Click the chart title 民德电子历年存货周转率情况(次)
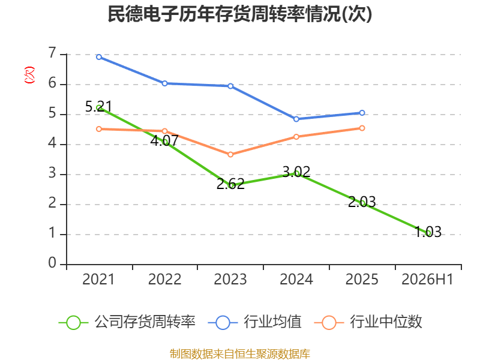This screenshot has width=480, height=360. point(239,14)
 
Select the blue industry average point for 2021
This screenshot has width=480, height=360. point(99,57)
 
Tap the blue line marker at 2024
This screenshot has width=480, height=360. point(296,119)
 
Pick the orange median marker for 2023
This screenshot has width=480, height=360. point(230,155)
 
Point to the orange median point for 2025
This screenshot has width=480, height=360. point(362,128)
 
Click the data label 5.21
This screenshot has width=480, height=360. point(98,107)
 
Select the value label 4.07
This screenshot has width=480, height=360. point(164,141)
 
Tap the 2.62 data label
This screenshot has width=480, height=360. point(230,184)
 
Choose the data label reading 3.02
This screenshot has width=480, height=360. point(296,172)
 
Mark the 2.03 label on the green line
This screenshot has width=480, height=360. point(362,202)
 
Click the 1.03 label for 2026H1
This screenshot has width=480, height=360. point(428,232)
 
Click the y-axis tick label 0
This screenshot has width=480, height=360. point(52,263)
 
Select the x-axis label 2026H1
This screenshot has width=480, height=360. point(427,279)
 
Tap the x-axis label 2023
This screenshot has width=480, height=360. point(230,279)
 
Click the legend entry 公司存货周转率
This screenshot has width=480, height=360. point(127,322)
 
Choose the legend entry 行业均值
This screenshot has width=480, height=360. point(254,322)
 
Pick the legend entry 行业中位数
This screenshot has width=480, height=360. point(368,322)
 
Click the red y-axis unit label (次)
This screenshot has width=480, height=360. point(29,75)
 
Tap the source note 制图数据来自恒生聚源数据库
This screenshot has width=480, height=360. point(240,353)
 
